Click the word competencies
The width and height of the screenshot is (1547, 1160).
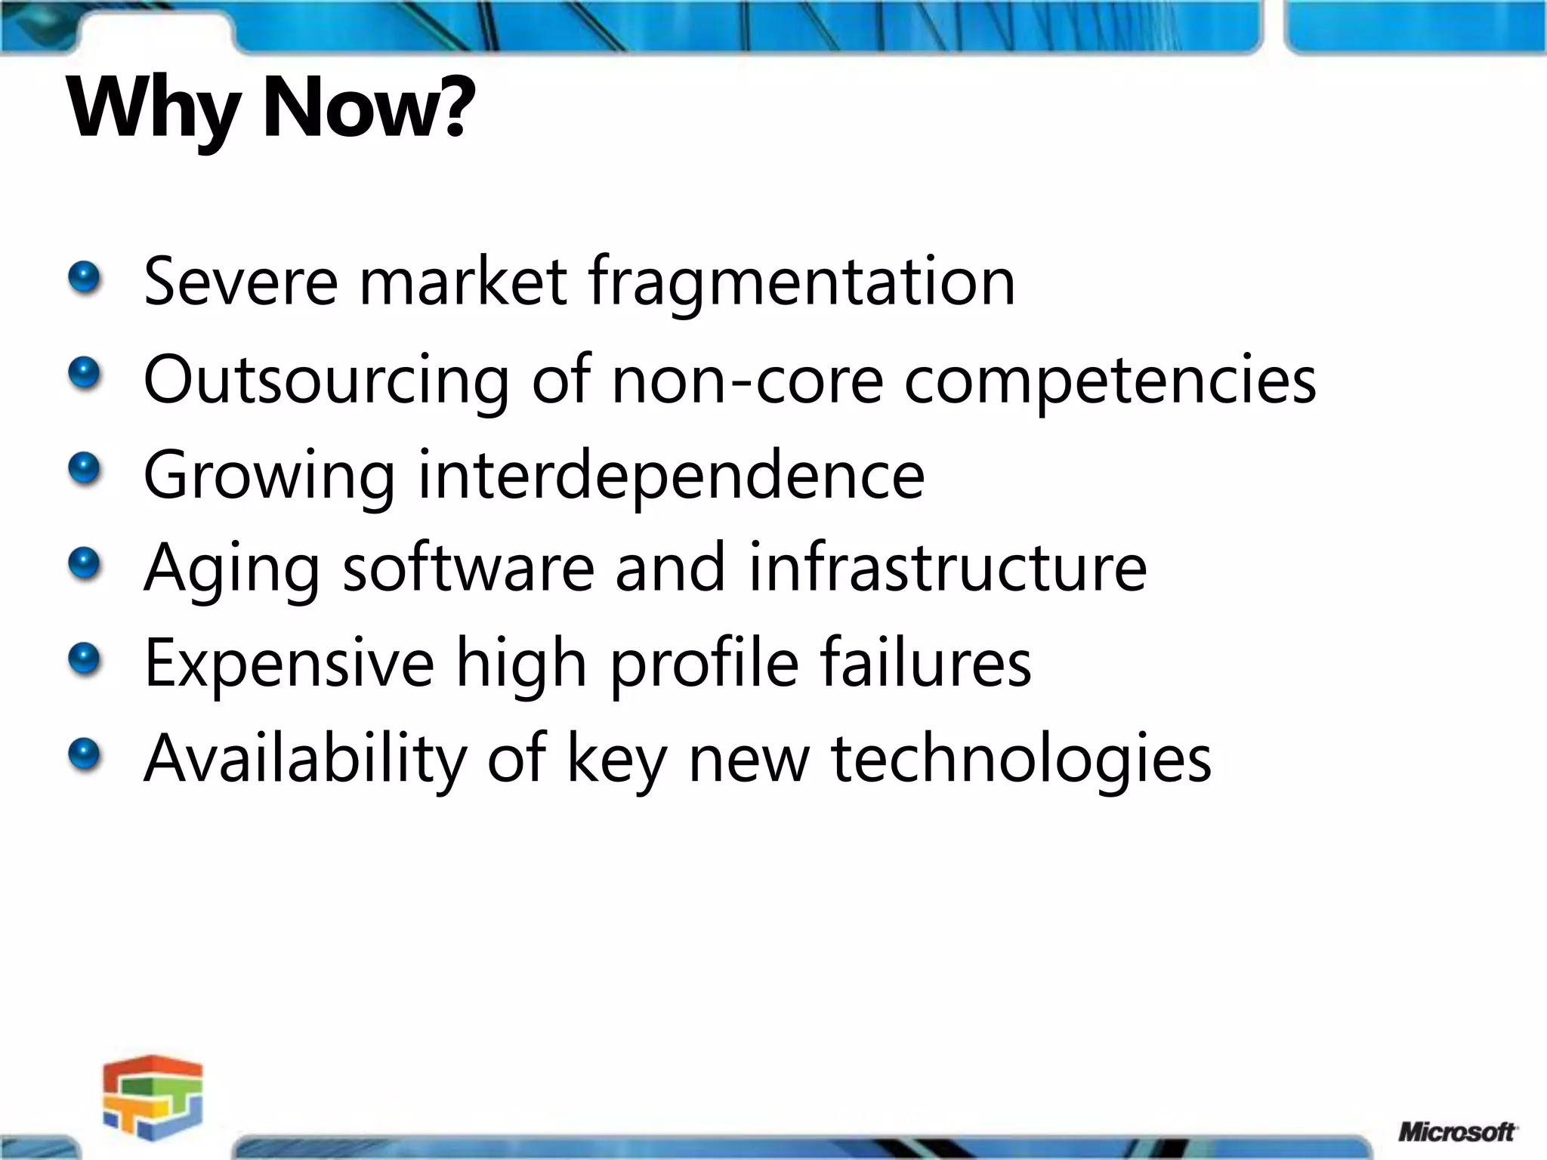coord(1110,380)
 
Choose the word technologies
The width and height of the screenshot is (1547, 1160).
coord(1021,758)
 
